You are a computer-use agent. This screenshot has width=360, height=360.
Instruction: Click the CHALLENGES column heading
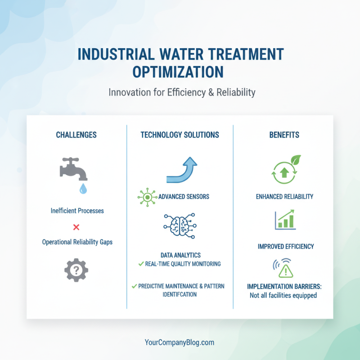[76, 135]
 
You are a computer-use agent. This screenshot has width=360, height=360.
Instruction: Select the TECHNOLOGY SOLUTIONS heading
[180, 135]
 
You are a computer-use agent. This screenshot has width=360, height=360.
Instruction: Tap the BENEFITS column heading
[284, 135]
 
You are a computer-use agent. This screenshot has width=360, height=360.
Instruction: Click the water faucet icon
[73, 170]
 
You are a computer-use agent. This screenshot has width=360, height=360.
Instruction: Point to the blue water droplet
[83, 189]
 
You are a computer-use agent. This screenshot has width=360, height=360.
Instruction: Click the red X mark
[76, 226]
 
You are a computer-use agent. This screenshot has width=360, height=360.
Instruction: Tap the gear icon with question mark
[76, 270]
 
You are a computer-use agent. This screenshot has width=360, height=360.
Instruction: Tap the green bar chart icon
[285, 219]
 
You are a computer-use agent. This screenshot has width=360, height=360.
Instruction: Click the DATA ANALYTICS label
[180, 255]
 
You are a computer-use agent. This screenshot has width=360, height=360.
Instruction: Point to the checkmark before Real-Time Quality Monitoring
[141, 264]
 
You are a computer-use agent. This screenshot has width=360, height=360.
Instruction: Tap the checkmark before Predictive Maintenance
[134, 286]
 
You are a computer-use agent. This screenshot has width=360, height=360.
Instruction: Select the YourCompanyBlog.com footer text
[180, 342]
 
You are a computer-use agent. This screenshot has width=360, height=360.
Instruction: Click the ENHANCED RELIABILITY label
[284, 197]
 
